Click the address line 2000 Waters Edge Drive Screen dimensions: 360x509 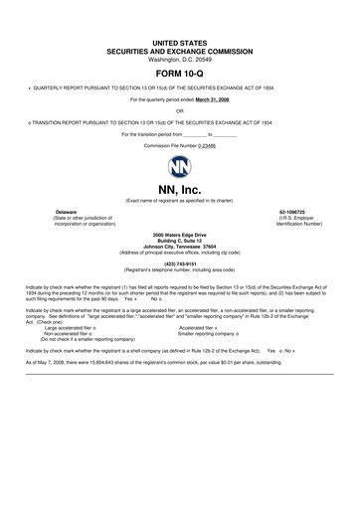[179, 234]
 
